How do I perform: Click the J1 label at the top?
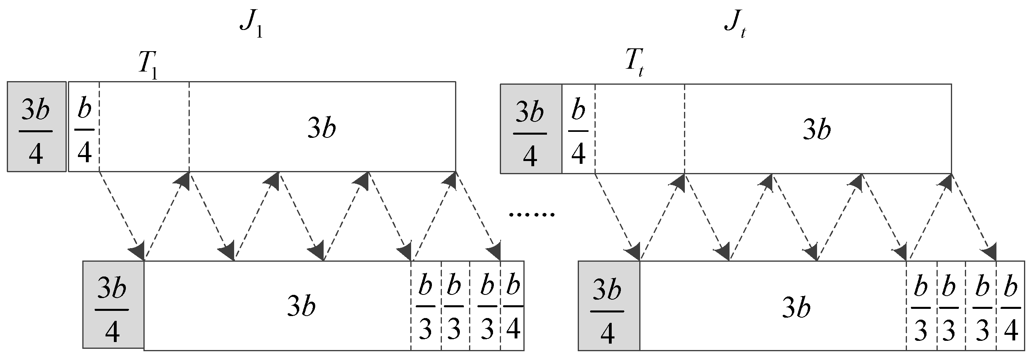[x=251, y=26]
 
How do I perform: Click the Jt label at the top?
[x=735, y=26]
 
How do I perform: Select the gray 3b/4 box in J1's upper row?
[x=36, y=127]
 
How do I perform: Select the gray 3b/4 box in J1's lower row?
[x=113, y=305]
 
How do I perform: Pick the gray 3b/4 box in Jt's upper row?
[x=531, y=129]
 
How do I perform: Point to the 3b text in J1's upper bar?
[x=322, y=128]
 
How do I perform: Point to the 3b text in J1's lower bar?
[x=301, y=307]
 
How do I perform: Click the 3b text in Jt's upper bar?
[x=817, y=130]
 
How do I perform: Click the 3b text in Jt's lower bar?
[x=796, y=308]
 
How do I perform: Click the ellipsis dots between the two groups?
[x=531, y=215]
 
